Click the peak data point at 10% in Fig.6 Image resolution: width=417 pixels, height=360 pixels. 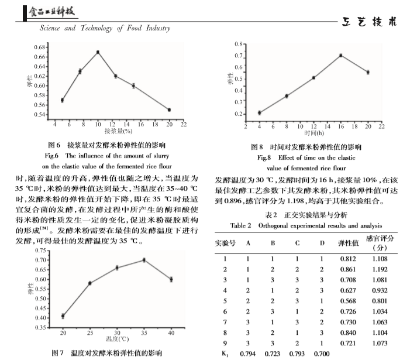tap(98, 52)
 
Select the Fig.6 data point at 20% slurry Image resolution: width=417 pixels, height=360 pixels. tap(169, 109)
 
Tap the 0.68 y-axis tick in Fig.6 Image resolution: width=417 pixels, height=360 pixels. tap(40, 47)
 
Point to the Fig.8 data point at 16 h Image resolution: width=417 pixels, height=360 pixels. tap(340, 56)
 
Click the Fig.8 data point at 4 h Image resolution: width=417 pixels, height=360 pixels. tap(259, 112)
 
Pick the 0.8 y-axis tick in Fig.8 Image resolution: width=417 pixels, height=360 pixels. tap(239, 43)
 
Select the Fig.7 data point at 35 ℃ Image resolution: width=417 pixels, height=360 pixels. tap(144, 260)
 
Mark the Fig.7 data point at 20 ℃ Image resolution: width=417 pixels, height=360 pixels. tap(63, 316)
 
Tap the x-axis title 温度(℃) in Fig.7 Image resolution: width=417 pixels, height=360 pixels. tap(117, 338)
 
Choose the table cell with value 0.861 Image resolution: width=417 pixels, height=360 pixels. tap(348, 269)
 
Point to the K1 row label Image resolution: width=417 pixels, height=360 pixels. tap(225, 354)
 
